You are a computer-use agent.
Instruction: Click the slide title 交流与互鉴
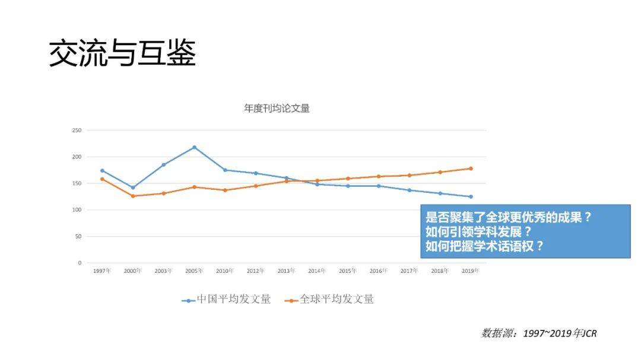[x=122, y=54]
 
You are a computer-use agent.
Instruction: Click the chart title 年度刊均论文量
[x=277, y=109]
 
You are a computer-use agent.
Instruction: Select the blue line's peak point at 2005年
[x=194, y=147]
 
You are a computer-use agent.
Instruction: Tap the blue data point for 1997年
[x=102, y=171]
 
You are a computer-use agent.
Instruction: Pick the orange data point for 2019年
[x=471, y=168]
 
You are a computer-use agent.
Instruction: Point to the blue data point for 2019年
[x=471, y=196]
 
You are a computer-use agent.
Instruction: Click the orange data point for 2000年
[x=133, y=196]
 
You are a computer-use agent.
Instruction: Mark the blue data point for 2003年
[x=163, y=165]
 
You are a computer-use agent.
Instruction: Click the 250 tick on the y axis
[x=76, y=130]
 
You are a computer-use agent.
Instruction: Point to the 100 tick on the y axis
[x=76, y=210]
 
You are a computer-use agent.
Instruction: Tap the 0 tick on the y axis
[x=79, y=263]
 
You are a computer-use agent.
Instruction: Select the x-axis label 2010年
[x=225, y=271]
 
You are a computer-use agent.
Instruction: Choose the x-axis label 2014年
[x=317, y=271]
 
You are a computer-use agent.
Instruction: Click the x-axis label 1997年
[x=102, y=271]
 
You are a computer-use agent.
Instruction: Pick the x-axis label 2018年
[x=440, y=271]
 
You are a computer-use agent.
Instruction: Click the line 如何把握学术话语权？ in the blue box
[x=484, y=246]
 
